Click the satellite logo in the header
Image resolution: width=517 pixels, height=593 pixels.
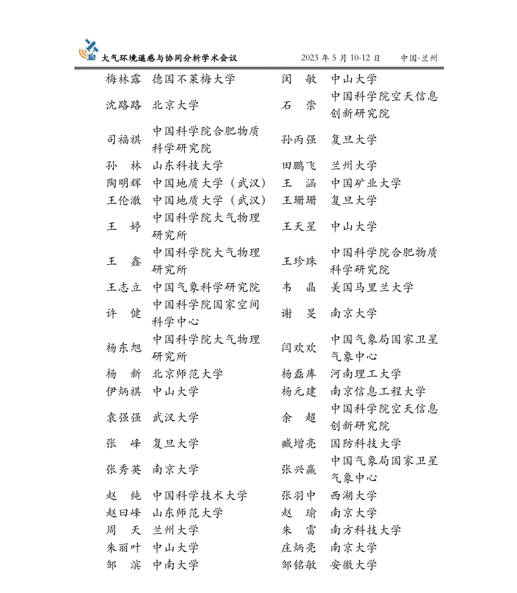[89, 49]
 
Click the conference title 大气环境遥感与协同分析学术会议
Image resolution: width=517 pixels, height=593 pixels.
[169, 58]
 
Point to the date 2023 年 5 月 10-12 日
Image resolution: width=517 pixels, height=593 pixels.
[341, 58]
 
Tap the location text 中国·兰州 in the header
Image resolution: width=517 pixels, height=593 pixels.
[419, 58]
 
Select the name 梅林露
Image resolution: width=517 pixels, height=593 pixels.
[124, 79]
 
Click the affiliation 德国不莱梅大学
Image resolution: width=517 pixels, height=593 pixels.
[193, 79]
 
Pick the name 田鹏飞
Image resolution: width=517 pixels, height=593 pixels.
[299, 166]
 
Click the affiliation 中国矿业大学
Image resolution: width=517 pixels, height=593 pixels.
[366, 183]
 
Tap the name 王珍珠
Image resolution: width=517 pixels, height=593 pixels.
[299, 261]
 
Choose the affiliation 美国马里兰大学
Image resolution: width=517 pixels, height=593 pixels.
[372, 287]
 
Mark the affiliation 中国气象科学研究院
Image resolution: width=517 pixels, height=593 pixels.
[206, 287]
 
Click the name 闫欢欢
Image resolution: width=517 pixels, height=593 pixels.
[299, 348]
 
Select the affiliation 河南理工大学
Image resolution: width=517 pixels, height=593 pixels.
[366, 374]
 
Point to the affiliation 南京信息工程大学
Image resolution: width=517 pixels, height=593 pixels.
[378, 391]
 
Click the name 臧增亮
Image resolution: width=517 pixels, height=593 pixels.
[299, 443]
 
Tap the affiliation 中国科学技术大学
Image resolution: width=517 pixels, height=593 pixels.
[200, 495]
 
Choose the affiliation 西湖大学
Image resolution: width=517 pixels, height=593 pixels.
[354, 495]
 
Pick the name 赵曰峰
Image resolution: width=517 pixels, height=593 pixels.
[124, 513]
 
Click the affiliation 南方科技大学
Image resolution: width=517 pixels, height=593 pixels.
[366, 530]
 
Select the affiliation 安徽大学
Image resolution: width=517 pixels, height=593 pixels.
[354, 565]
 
